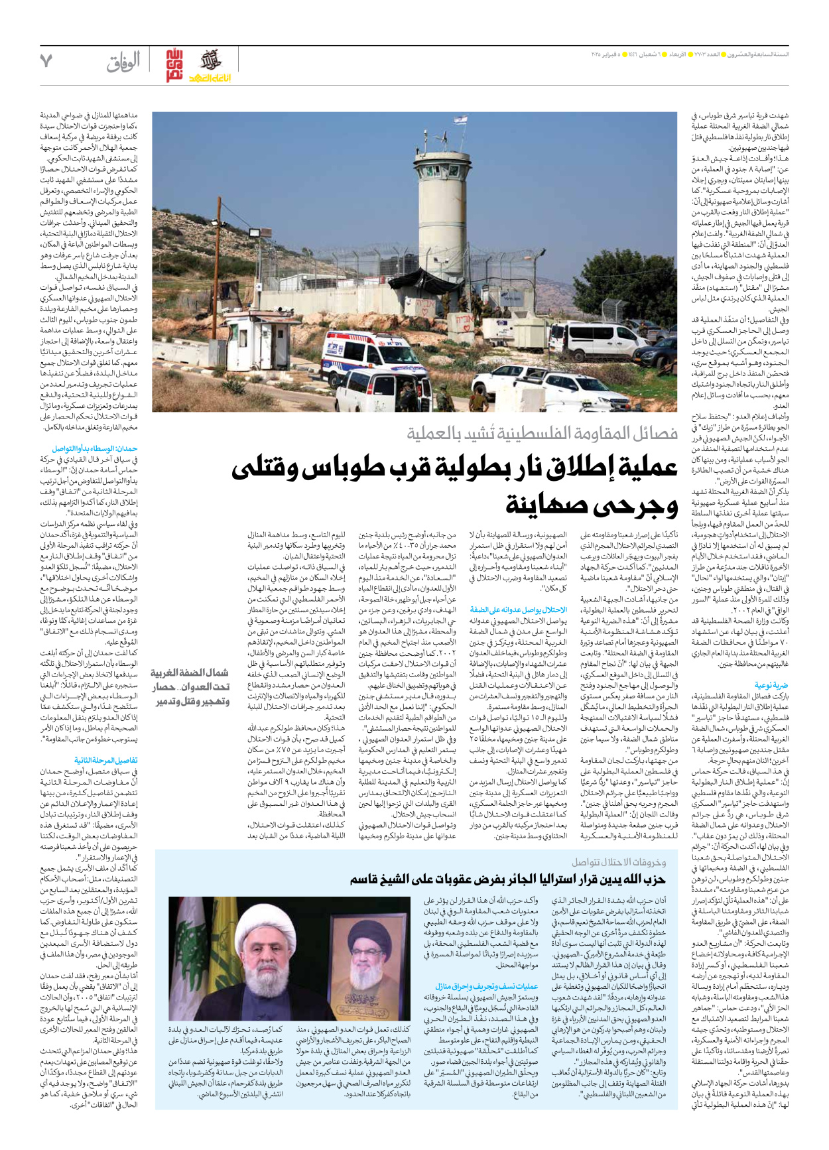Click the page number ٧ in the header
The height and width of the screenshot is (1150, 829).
[46, 61]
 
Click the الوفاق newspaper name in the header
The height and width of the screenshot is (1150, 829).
[123, 62]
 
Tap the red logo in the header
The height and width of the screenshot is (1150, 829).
[174, 65]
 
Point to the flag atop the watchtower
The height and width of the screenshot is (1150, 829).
[458, 119]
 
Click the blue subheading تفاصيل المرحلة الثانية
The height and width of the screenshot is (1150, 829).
[106, 761]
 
